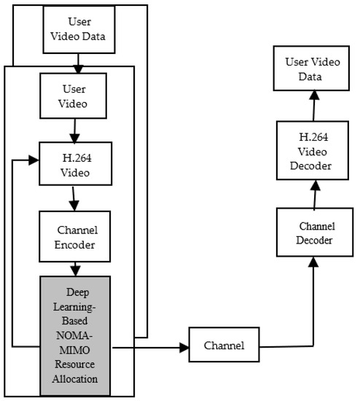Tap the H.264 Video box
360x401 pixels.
(75, 166)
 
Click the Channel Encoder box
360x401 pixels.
(75, 235)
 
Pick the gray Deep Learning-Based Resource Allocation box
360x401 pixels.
(75, 335)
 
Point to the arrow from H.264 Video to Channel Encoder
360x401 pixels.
(75, 198)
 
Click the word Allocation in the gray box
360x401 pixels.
(75, 380)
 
